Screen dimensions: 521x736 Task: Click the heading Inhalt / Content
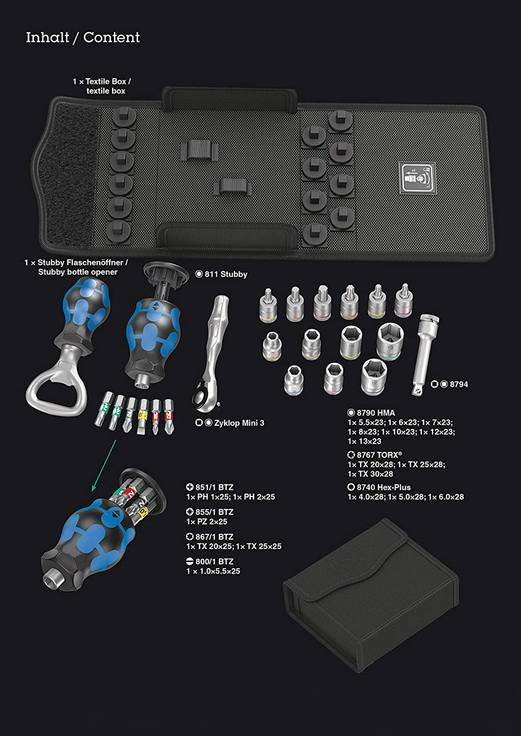[x=83, y=38]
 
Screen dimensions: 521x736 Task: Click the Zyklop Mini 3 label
[x=230, y=423]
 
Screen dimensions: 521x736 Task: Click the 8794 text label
[x=450, y=384]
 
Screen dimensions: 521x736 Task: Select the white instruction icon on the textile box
[x=416, y=178]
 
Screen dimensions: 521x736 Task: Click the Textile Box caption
[x=102, y=86]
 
